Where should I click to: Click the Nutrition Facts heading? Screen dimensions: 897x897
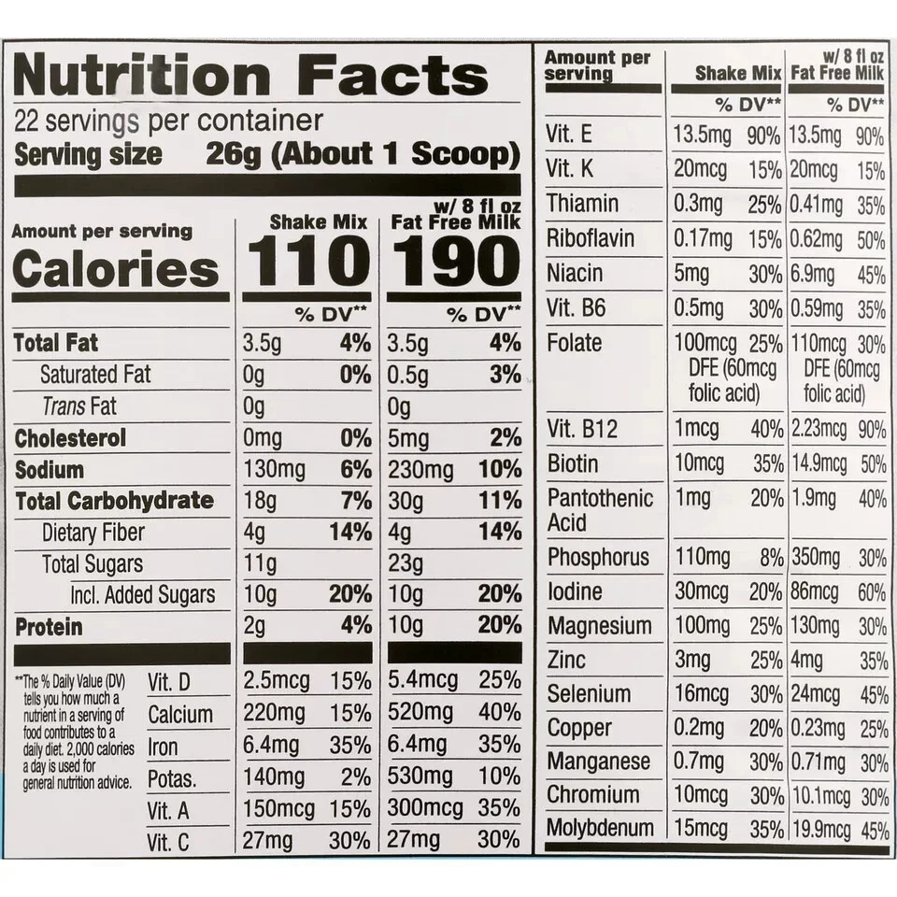250,76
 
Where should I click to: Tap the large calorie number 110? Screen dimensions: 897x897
307,263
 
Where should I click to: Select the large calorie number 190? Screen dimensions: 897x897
454,263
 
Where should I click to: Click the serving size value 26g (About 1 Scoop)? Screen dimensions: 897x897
362,154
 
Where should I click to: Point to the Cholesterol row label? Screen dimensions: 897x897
70,438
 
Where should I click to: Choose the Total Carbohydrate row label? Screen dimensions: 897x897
114,501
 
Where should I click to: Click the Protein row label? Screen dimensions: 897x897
49,627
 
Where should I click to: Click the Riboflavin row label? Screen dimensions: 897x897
591,239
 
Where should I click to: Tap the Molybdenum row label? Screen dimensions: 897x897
601,829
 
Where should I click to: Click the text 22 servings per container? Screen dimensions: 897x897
168,121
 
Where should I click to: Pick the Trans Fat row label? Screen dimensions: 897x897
78,406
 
